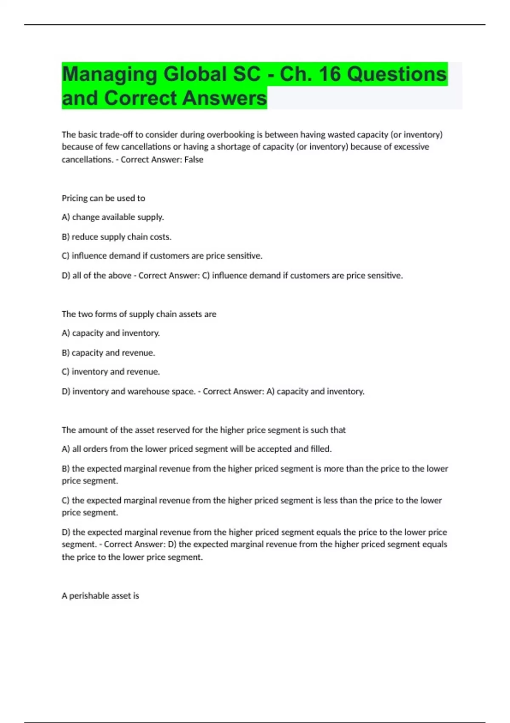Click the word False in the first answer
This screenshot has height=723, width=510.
pos(194,159)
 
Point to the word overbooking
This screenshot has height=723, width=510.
pos(230,135)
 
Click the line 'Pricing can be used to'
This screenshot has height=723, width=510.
pos(103,198)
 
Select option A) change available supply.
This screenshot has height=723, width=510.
pos(113,217)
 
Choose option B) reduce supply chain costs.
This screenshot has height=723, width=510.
pos(116,237)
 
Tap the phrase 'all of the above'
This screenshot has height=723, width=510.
pos(102,276)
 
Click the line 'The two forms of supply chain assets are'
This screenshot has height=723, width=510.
pos(139,314)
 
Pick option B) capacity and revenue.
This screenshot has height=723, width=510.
pos(108,353)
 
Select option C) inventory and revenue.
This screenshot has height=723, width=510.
pos(110,372)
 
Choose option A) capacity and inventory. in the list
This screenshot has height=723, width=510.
pos(110,333)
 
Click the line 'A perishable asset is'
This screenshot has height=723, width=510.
pos(100,596)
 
